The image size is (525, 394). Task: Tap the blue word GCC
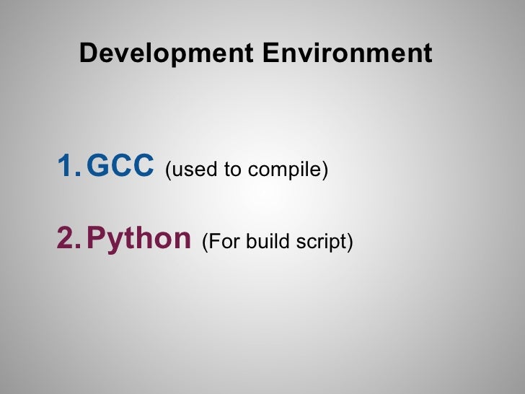[120, 165]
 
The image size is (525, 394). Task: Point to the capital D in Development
[87, 53]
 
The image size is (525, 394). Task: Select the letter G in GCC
[96, 165]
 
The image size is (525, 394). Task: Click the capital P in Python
[94, 238]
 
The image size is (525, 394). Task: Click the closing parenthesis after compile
[325, 170]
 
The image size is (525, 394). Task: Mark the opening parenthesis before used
[168, 170]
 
